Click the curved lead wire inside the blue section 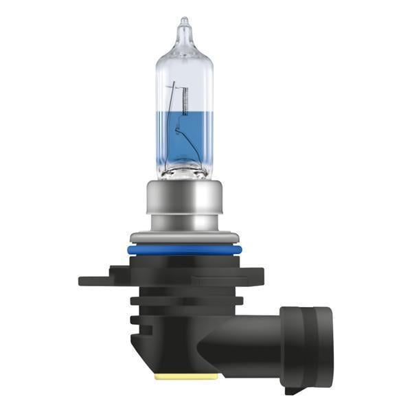(x=177, y=134)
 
